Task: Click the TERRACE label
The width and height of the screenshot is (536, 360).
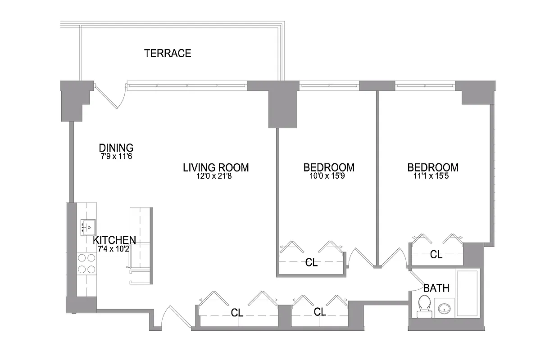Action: (x=168, y=54)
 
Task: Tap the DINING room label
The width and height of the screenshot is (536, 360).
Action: (x=116, y=148)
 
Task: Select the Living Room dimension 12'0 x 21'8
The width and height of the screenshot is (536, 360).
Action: (x=215, y=176)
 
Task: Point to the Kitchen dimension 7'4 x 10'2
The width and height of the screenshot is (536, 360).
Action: (x=114, y=248)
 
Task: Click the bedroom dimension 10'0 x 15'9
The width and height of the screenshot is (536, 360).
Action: (x=328, y=176)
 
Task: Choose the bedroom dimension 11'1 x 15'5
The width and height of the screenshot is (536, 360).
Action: (x=433, y=176)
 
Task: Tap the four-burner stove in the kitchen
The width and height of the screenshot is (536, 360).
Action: (x=87, y=264)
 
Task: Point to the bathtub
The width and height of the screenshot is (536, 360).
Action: (x=467, y=293)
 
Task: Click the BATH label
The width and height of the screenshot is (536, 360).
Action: (x=436, y=288)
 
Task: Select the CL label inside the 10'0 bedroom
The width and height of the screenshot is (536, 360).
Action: (x=311, y=263)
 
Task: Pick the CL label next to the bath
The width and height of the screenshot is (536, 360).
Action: (x=436, y=255)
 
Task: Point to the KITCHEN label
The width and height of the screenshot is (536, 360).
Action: (x=114, y=240)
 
